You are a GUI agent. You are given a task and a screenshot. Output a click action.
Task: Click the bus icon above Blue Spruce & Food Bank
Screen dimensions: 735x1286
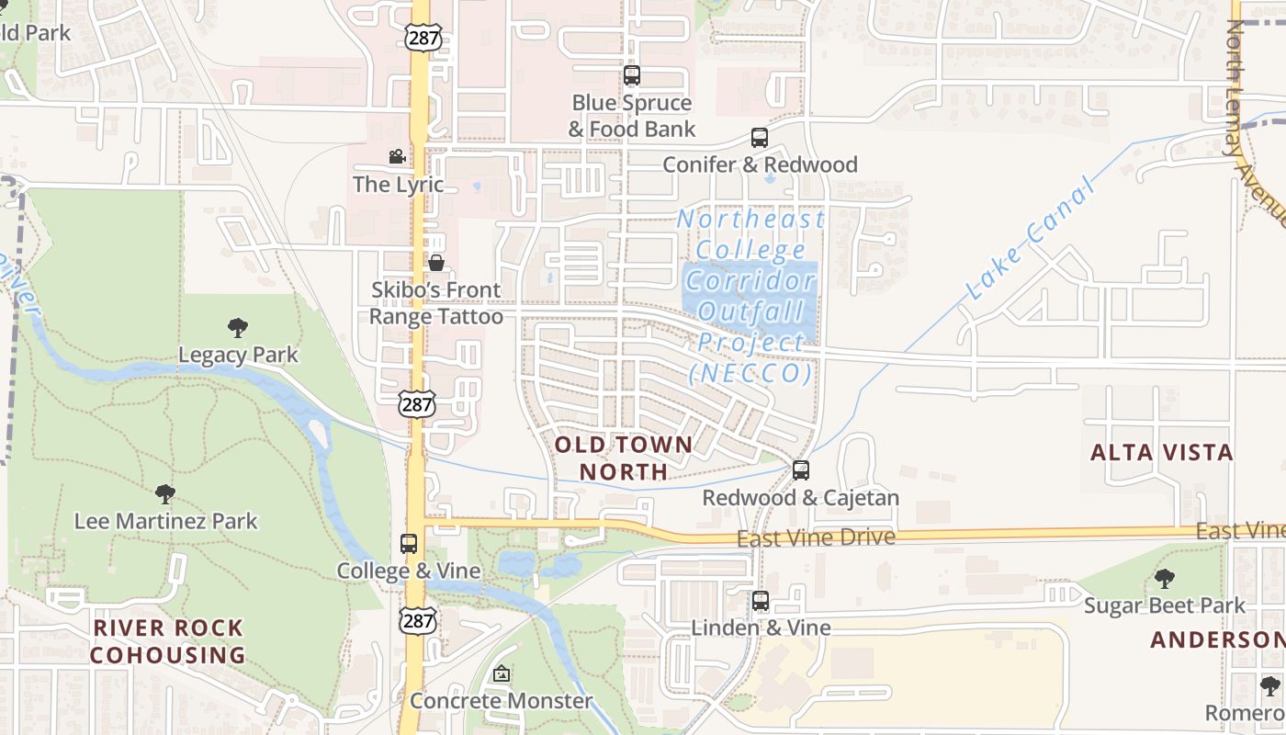pyautogui.click(x=631, y=75)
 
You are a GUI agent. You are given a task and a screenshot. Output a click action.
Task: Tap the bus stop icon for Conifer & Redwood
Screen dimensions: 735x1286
pyautogui.click(x=760, y=138)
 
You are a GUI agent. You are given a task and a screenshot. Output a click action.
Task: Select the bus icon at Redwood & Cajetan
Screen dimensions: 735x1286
pyautogui.click(x=801, y=470)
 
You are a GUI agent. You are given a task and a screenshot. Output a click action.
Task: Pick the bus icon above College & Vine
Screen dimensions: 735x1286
pyautogui.click(x=409, y=543)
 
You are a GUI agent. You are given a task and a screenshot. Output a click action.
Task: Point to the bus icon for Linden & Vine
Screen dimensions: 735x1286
pyautogui.click(x=761, y=601)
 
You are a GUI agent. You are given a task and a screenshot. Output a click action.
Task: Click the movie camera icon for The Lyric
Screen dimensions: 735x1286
pyautogui.click(x=397, y=157)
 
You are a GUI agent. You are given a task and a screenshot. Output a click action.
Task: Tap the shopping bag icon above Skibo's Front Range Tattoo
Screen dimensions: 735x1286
pyautogui.click(x=436, y=263)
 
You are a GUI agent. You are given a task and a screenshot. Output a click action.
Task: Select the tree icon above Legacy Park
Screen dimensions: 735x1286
pyautogui.click(x=238, y=327)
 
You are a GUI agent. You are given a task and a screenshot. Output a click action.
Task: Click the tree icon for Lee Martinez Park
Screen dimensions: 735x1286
pyautogui.click(x=165, y=494)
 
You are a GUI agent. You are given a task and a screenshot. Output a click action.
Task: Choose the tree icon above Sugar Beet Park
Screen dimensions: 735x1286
pyautogui.click(x=1164, y=579)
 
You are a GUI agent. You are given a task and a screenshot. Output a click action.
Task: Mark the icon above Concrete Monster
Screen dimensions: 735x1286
pyautogui.click(x=501, y=674)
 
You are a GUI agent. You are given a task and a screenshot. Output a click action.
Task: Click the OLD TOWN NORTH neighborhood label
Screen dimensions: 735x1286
pyautogui.click(x=624, y=458)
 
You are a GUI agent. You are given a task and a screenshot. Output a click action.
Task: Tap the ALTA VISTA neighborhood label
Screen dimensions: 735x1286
pyautogui.click(x=1161, y=452)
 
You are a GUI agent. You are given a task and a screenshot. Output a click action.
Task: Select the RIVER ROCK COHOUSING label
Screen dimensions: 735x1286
pyautogui.click(x=167, y=641)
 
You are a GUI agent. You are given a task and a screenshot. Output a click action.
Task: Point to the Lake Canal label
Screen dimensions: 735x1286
pyautogui.click(x=1032, y=241)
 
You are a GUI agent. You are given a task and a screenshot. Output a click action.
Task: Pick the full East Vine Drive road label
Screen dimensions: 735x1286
pyautogui.click(x=816, y=537)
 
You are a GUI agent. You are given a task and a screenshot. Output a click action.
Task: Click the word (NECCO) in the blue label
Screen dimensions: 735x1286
pyautogui.click(x=750, y=374)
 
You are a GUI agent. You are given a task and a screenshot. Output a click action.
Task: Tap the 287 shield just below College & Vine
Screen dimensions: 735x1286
pyautogui.click(x=417, y=621)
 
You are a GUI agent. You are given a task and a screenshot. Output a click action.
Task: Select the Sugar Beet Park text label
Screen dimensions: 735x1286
pyautogui.click(x=1164, y=605)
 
